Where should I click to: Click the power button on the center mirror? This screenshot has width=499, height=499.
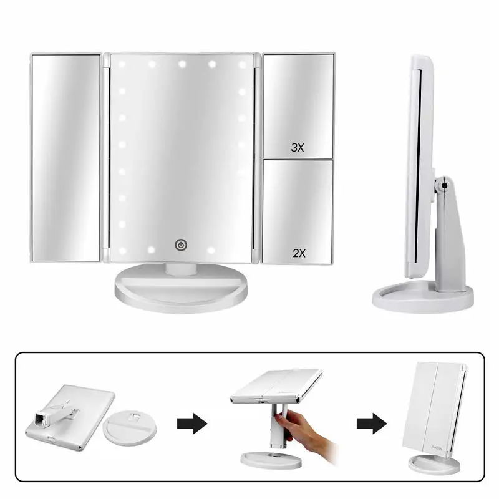click(x=180, y=245)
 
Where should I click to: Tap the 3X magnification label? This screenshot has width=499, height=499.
click(x=298, y=148)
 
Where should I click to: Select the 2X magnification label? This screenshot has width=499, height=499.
click(x=298, y=253)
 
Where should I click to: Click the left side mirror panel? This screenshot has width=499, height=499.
click(x=65, y=157)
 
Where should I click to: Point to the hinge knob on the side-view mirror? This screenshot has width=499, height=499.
click(x=443, y=185)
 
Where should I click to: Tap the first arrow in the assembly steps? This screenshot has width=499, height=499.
click(x=193, y=424)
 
